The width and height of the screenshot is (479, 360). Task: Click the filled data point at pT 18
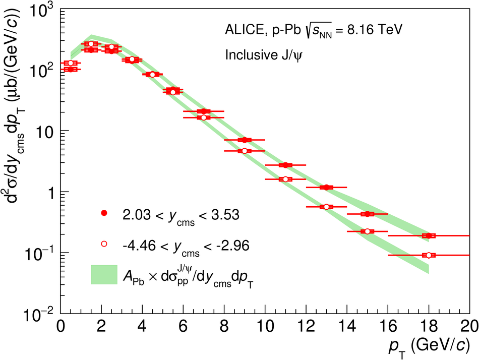pos(429,235)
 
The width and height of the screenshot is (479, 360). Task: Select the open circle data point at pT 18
pos(429,255)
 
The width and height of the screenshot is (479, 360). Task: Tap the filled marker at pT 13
pos(327,187)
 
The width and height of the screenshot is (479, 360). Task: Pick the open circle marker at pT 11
pos(285,179)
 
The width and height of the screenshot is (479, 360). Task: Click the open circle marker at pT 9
pos(245,151)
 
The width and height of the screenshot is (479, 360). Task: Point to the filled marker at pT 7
pos(204,111)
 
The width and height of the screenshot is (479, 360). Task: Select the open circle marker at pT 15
pos(367,231)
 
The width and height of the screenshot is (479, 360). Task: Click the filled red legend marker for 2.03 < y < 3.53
pos(104,213)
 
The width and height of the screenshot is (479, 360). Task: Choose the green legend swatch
pos(104,274)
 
